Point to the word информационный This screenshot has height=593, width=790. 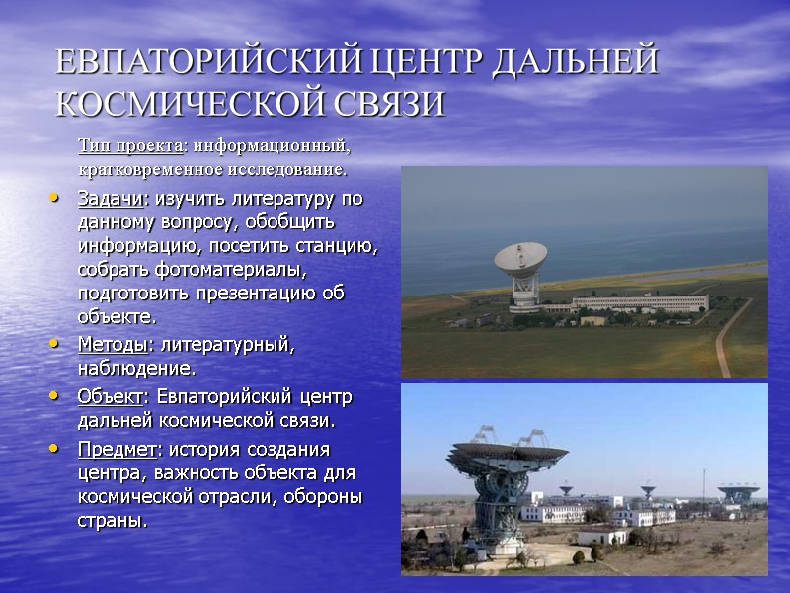click(x=273, y=146)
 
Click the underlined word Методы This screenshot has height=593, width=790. click(x=112, y=345)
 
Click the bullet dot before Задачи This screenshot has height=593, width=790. click(x=54, y=199)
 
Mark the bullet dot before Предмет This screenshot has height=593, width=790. click(x=54, y=449)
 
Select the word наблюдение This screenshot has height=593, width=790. click(x=134, y=369)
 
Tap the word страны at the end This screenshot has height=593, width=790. click(x=110, y=520)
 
